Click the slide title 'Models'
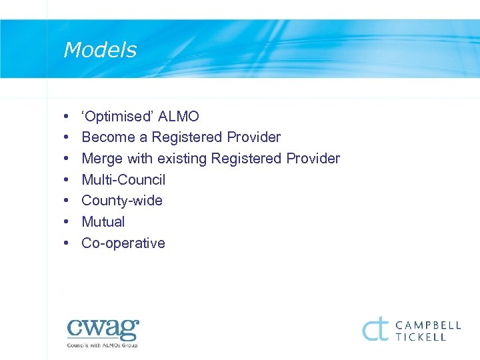pos(100,51)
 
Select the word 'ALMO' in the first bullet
pos(178,117)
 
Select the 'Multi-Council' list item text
pos(123,180)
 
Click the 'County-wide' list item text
pos(122,201)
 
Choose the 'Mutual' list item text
pos(103,222)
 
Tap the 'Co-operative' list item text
pos(123,243)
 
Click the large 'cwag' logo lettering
pos(103,329)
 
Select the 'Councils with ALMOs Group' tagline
pos(102,345)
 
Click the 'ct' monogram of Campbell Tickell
pos(375,329)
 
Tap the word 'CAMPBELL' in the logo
pos(428,325)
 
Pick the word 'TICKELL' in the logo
pos(423,337)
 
